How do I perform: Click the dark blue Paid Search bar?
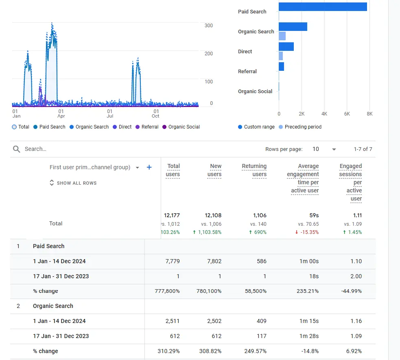323,7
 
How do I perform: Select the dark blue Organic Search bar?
293,26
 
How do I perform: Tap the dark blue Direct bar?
286,46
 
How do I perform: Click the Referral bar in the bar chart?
281,66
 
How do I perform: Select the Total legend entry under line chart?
21,127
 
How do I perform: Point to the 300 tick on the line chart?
208,26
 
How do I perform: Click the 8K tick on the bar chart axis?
369,114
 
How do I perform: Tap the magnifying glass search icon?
17,149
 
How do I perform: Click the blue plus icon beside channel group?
149,167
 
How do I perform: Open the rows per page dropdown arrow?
334,149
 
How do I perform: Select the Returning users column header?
254,170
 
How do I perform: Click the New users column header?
214,170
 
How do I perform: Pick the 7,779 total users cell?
173,261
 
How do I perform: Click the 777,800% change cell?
167,291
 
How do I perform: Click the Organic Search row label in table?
53,306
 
